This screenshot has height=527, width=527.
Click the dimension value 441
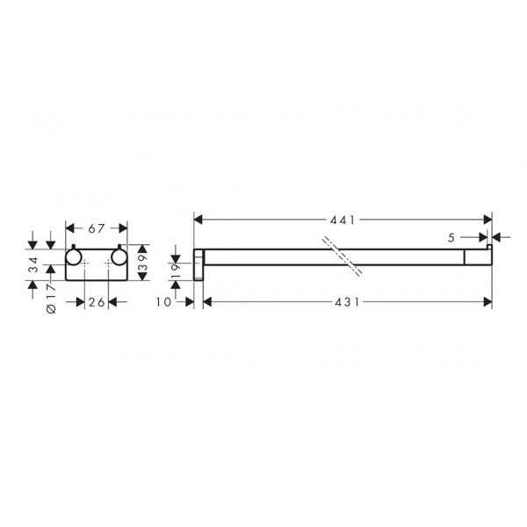pyautogui.click(x=343, y=220)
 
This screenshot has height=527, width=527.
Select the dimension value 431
pyautogui.click(x=347, y=302)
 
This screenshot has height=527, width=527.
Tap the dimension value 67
pyautogui.click(x=97, y=229)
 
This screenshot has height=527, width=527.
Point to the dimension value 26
pyautogui.click(x=97, y=302)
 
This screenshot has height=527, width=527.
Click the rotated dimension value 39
pyautogui.click(x=143, y=263)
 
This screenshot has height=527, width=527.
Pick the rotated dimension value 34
pyautogui.click(x=34, y=265)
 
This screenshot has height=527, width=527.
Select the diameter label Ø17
pyautogui.click(x=52, y=299)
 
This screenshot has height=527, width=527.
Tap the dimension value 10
pyautogui.click(x=163, y=302)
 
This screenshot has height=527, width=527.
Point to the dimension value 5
pyautogui.click(x=451, y=238)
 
